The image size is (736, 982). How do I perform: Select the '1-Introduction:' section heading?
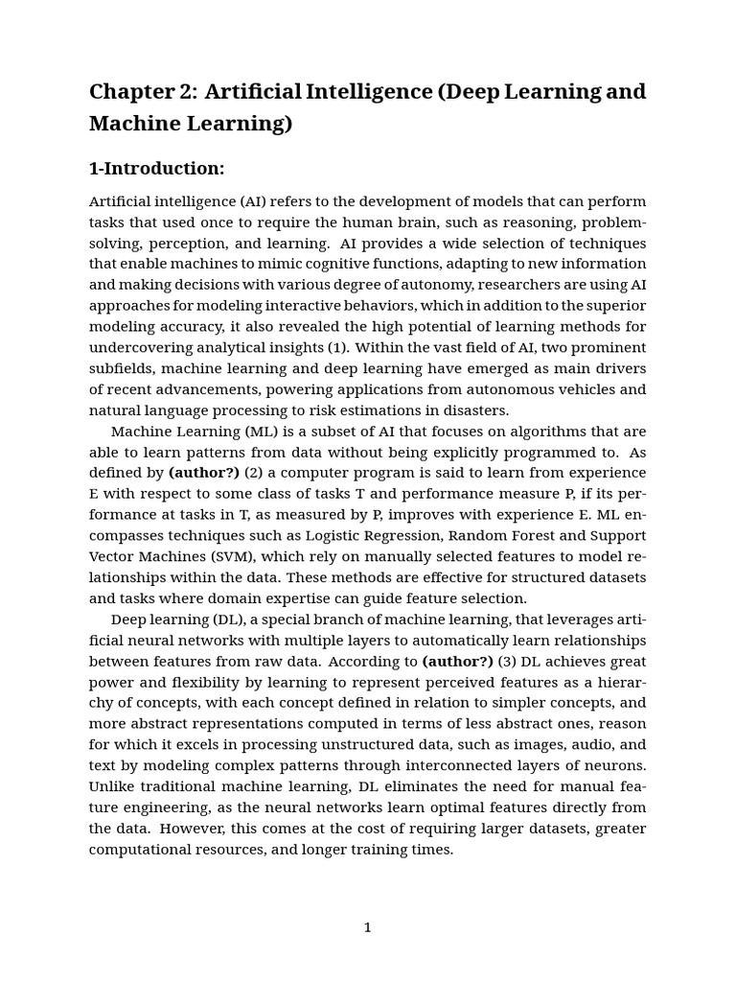(156, 169)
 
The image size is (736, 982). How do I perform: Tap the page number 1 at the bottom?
(367, 927)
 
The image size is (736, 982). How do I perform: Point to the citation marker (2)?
(253, 474)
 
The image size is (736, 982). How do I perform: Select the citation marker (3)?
(507, 662)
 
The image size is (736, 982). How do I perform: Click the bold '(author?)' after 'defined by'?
(204, 474)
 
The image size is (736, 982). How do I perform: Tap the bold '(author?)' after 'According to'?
(457, 662)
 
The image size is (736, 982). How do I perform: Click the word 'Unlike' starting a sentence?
(111, 787)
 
